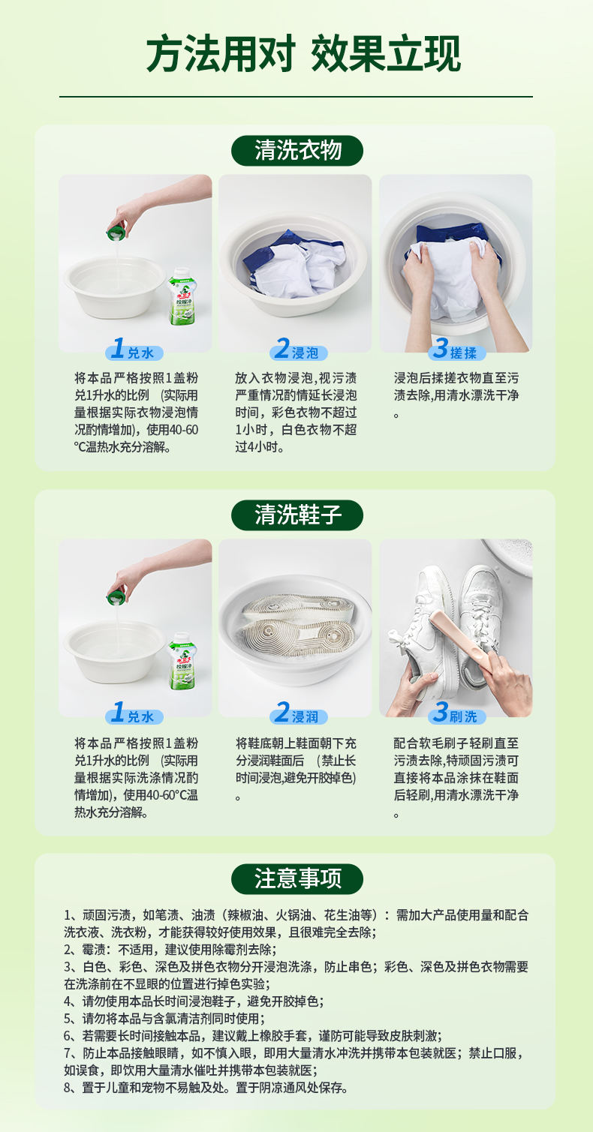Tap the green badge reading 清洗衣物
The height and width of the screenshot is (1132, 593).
[x=297, y=151]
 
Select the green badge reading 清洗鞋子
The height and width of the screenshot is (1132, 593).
[x=297, y=515]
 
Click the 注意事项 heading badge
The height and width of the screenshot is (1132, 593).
[x=297, y=878]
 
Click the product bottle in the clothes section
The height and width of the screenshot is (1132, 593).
[x=182, y=296]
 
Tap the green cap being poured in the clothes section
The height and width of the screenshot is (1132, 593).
[x=116, y=232]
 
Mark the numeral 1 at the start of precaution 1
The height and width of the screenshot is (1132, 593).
[x=68, y=915]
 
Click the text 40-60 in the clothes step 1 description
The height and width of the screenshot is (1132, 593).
[x=184, y=430]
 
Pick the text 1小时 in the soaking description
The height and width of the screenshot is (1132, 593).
[x=247, y=430]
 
